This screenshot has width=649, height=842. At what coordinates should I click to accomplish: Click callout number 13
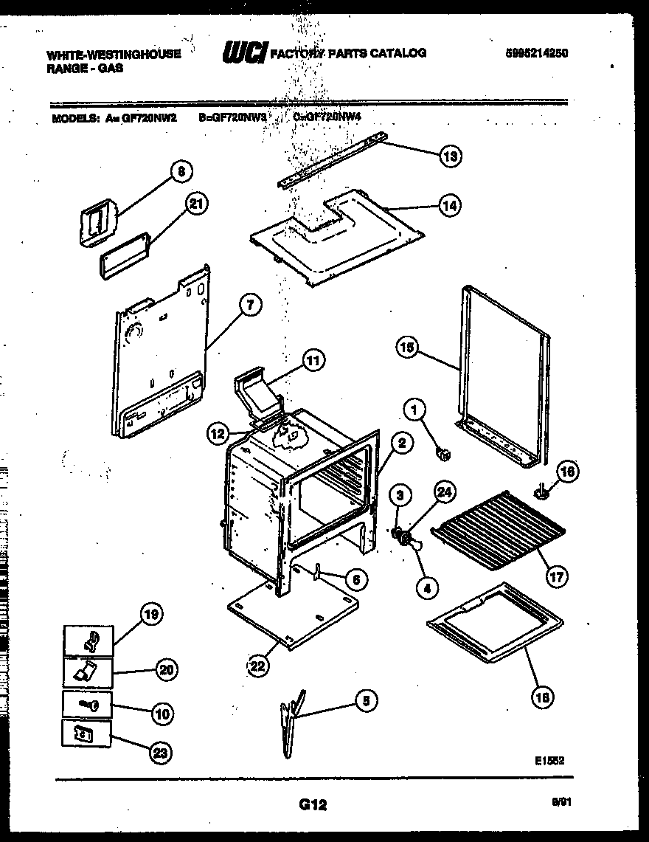(x=449, y=156)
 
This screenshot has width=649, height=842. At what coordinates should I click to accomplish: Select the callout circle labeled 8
(x=180, y=171)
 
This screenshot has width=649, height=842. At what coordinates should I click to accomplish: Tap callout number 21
(x=195, y=206)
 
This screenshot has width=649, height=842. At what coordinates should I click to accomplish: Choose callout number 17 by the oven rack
(x=557, y=576)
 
